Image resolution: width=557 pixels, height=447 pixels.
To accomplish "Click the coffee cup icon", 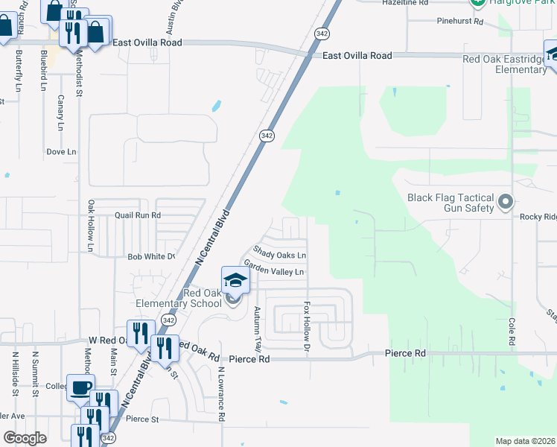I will click(80, 387).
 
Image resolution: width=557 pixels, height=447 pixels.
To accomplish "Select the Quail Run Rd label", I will click(138, 215).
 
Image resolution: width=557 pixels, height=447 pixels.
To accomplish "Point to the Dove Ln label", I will click(62, 151).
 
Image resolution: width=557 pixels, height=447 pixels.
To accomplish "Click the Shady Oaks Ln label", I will click(280, 253).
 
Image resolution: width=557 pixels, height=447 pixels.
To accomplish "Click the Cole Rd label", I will click(512, 331).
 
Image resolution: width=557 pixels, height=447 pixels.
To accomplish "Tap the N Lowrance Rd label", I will click(221, 394).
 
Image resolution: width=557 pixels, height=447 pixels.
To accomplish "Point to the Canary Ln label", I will click(60, 112).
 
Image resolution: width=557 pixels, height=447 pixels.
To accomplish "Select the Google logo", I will click(25, 438).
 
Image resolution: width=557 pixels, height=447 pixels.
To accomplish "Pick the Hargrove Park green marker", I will click(477, 2).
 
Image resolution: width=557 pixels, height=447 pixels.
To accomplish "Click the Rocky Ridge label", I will click(538, 217).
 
